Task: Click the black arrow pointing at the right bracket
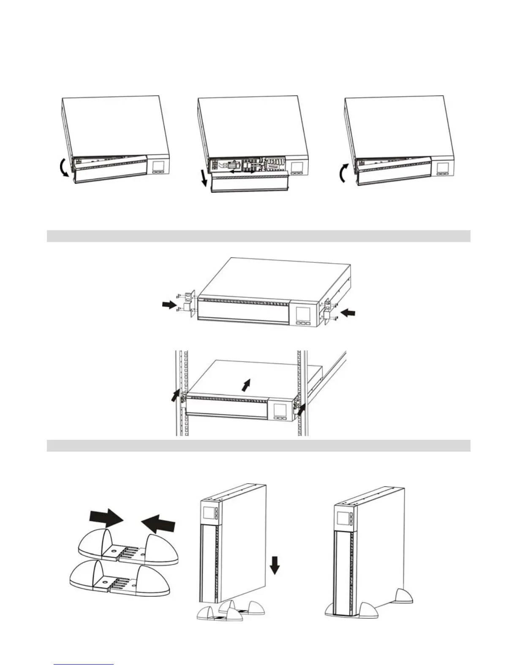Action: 348,313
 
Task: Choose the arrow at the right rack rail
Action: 301,409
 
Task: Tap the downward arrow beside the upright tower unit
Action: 275,565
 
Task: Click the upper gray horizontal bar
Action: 258,236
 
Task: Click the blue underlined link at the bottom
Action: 84,664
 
